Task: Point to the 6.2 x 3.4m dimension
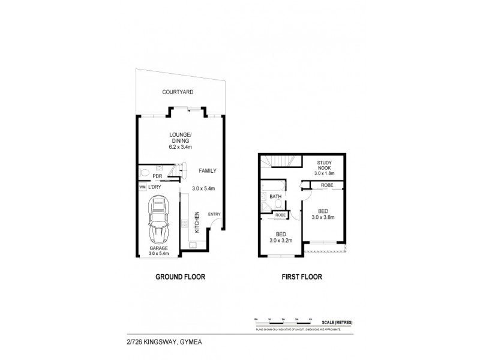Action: [179, 148]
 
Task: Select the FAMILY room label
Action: [208, 171]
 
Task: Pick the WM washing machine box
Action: [142, 188]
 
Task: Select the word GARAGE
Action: [159, 248]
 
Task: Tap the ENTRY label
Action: [214, 214]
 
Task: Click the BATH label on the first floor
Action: [275, 196]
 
